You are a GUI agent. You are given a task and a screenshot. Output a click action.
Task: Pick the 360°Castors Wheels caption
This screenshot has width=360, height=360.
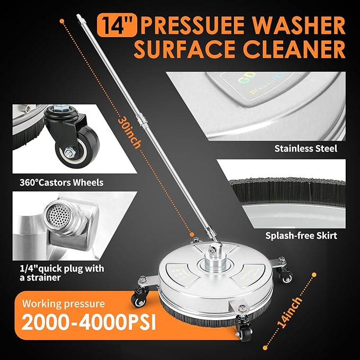tap(58, 182)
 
